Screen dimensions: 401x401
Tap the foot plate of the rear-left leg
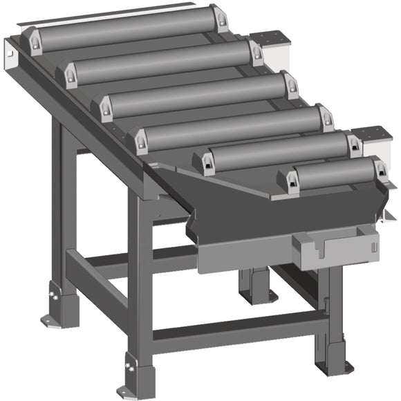tap(52, 317)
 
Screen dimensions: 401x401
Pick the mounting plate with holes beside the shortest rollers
tap(373, 134)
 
